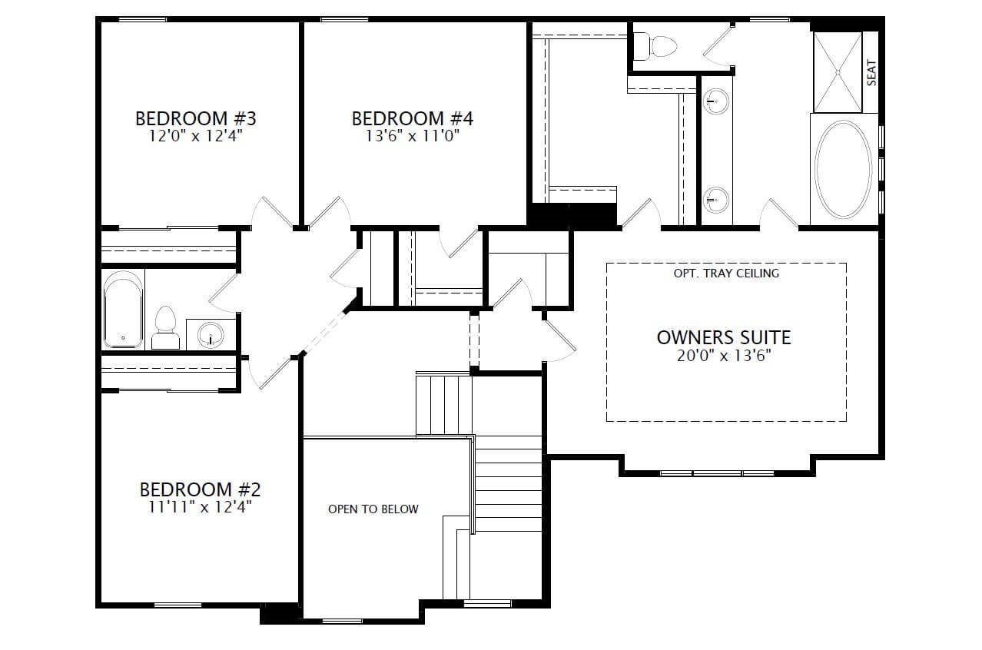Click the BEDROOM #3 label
[195, 118]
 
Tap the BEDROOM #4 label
[413, 118]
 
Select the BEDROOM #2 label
[201, 489]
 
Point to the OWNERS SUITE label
[724, 337]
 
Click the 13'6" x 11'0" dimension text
[413, 137]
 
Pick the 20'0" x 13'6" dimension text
[724, 355]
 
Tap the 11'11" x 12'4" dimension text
[201, 507]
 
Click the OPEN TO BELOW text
[373, 509]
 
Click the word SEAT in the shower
[871, 73]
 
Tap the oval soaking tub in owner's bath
[844, 169]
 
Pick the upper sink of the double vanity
[716, 101]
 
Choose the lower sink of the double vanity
[716, 200]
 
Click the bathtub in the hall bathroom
[124, 309]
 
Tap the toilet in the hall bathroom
[165, 327]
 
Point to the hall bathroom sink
[211, 334]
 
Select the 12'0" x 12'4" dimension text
[195, 137]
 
